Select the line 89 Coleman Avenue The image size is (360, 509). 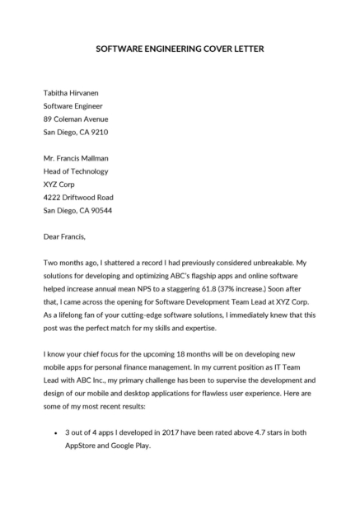click(76, 119)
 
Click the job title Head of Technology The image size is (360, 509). click(75, 171)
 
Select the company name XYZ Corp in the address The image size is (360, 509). click(60, 184)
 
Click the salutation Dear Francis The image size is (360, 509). click(68, 237)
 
